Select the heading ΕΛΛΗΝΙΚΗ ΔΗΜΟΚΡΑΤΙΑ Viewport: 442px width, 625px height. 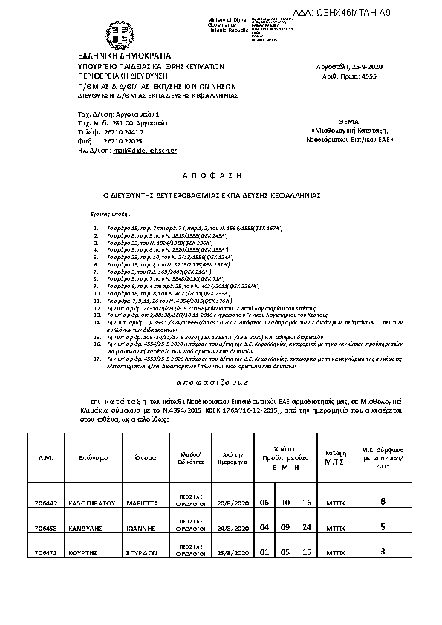pyautogui.click(x=124, y=56)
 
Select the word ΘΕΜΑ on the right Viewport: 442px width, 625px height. pyautogui.click(x=348, y=120)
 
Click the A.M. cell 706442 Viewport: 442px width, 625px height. pyautogui.click(x=45, y=503)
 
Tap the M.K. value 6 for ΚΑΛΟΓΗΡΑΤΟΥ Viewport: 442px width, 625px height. pyautogui.click(x=383, y=502)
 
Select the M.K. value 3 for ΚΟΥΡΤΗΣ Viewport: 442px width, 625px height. pyautogui.click(x=383, y=552)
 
